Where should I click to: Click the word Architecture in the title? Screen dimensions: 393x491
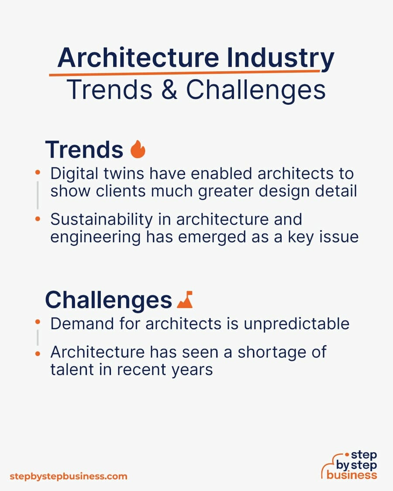[x=138, y=58]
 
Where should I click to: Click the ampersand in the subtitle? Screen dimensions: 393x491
[x=169, y=89]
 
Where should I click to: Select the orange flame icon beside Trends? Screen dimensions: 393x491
[x=138, y=149]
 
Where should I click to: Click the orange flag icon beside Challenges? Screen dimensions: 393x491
[x=185, y=300]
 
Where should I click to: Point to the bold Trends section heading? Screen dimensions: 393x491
[x=84, y=149]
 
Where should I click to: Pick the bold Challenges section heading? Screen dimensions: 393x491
[x=108, y=300]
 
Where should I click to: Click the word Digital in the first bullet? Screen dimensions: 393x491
[x=74, y=174]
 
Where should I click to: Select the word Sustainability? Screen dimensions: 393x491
[x=102, y=220]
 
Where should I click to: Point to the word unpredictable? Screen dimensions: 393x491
[x=296, y=324]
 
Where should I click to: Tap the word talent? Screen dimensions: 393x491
[x=72, y=370]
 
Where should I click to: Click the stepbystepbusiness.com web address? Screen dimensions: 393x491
[x=69, y=477]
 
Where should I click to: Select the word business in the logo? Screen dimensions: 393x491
[x=352, y=475]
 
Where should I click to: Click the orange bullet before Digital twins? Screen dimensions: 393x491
[x=38, y=172]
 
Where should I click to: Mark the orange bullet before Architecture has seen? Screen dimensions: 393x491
[x=38, y=354]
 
